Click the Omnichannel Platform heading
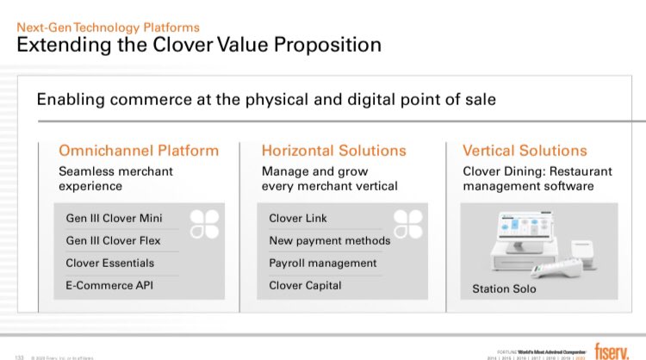[x=139, y=151]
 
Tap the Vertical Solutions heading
[x=525, y=151]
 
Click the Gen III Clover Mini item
[x=114, y=218]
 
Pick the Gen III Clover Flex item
[x=113, y=240]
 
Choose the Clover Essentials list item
[x=110, y=263]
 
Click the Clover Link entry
[x=298, y=218]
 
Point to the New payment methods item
[x=330, y=240]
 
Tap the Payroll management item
[x=323, y=263]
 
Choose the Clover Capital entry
[x=305, y=285]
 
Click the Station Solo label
[x=504, y=289]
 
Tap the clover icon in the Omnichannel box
[x=203, y=223]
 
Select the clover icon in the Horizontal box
[x=407, y=223]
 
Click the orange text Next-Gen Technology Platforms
[x=109, y=28]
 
